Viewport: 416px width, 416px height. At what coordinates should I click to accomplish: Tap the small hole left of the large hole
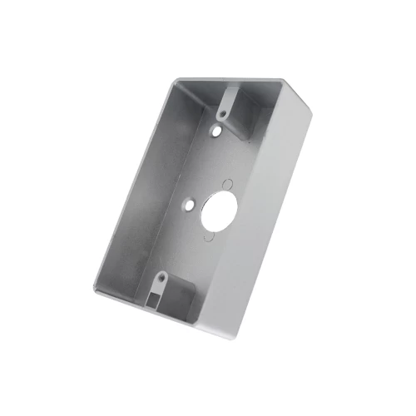(191, 201)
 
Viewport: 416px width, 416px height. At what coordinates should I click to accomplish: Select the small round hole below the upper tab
(216, 131)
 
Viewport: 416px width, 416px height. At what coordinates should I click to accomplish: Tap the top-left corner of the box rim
(177, 81)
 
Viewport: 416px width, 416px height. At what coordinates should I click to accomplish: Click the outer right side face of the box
(275, 216)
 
